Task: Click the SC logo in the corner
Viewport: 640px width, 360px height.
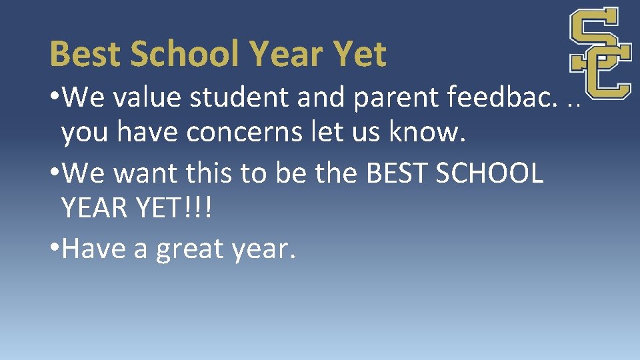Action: coord(600,53)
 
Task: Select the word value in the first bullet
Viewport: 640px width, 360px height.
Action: coord(149,97)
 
